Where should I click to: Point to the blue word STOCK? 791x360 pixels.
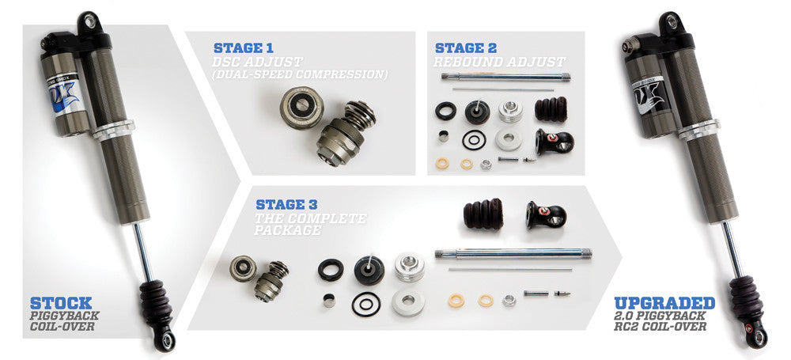tap(61, 302)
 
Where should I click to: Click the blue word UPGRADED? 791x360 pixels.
tap(664, 303)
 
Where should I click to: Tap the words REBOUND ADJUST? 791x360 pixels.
tap(499, 62)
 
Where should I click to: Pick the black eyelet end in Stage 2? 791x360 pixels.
tap(554, 142)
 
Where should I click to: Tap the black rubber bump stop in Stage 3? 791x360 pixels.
tap(484, 214)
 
